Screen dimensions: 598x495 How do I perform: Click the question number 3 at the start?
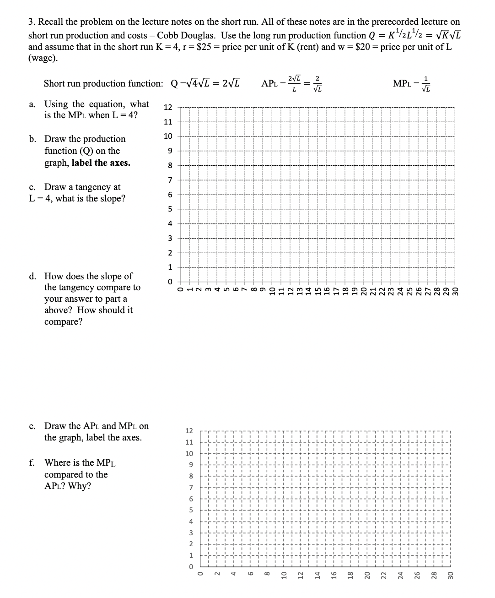[x=31, y=22]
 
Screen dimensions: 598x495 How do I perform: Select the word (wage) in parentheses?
[x=43, y=58]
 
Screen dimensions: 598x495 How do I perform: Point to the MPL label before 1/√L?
[x=402, y=83]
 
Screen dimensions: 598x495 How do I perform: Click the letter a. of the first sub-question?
[x=32, y=104]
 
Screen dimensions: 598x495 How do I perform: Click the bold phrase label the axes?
[x=101, y=163]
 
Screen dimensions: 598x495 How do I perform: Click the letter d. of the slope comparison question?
[x=33, y=276]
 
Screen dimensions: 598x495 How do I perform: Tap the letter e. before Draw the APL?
[x=32, y=426]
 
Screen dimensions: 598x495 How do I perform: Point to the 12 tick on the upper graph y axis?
[x=168, y=108]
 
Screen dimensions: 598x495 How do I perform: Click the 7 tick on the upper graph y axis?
[x=170, y=180]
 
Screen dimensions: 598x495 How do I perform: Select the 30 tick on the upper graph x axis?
[x=455, y=292]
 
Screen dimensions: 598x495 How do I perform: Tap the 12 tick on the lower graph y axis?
[x=189, y=431]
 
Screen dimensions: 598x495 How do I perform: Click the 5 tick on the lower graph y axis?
[x=191, y=510]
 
